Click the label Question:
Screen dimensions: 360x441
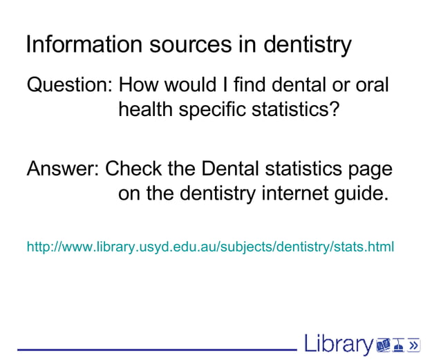(x=69, y=86)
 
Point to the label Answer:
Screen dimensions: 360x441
(x=63, y=169)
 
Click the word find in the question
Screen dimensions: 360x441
(x=250, y=86)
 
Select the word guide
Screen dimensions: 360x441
(x=361, y=193)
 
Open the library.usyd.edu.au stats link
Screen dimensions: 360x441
(x=209, y=245)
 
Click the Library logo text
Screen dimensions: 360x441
(x=338, y=344)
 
